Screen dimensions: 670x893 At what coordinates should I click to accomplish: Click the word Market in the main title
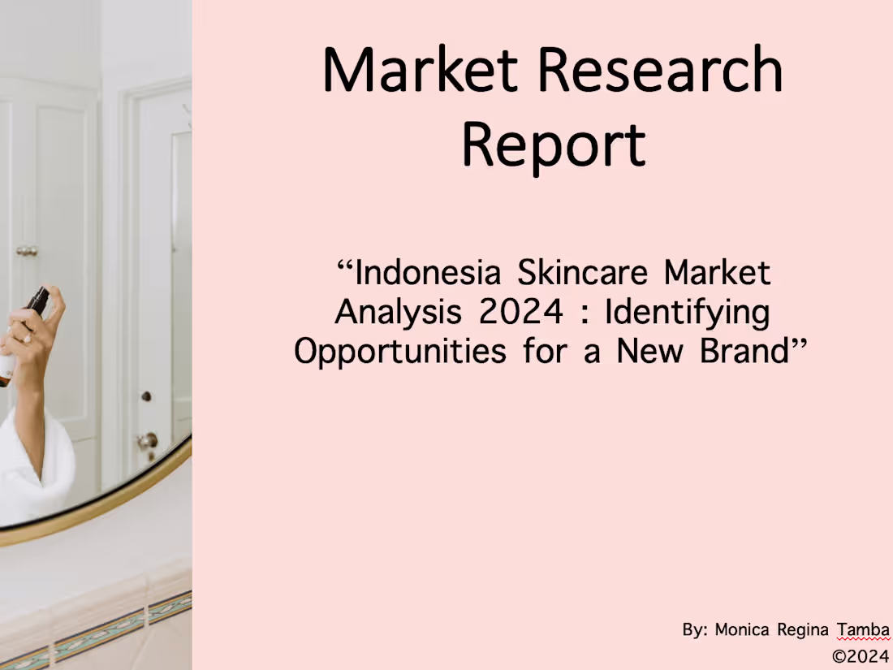(x=420, y=70)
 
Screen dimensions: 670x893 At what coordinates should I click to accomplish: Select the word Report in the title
(x=554, y=144)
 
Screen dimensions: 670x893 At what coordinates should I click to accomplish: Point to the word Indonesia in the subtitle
(x=428, y=273)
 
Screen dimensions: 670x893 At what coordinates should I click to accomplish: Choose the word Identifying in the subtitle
(x=688, y=313)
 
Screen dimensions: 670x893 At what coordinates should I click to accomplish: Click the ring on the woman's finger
(x=26, y=338)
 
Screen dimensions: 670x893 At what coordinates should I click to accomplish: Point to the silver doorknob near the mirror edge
(x=147, y=441)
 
